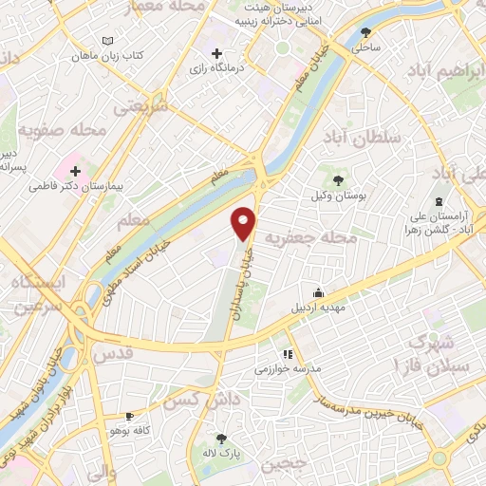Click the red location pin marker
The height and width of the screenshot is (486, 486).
pos(245,222)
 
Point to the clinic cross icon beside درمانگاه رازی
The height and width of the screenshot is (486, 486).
pos(217,53)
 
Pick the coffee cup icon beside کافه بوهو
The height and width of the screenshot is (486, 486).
pos(130,417)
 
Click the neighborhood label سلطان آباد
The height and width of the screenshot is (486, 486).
pos(364,139)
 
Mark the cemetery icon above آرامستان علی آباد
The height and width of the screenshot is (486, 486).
pos(438,202)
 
